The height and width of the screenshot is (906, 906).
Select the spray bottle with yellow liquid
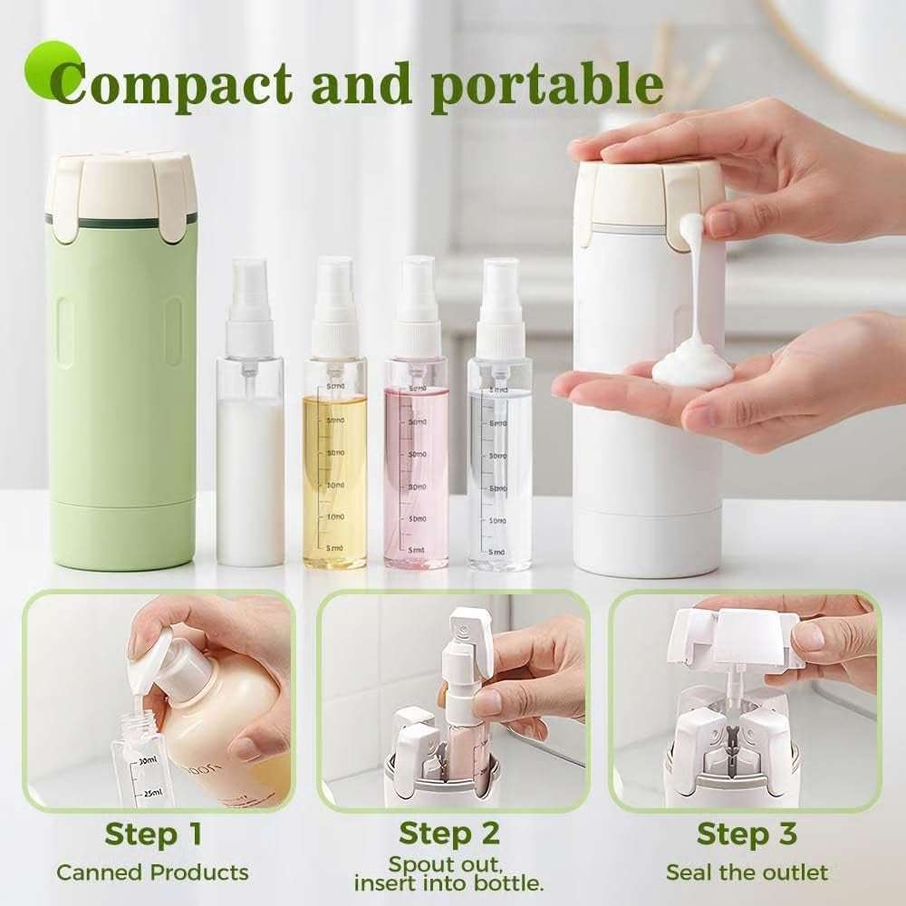[x=334, y=471]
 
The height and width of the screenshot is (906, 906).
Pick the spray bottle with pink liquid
[x=416, y=471]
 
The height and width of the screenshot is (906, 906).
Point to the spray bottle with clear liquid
[x=500, y=471]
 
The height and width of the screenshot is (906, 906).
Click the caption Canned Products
[x=152, y=873]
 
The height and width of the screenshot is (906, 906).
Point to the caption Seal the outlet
[x=747, y=873]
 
